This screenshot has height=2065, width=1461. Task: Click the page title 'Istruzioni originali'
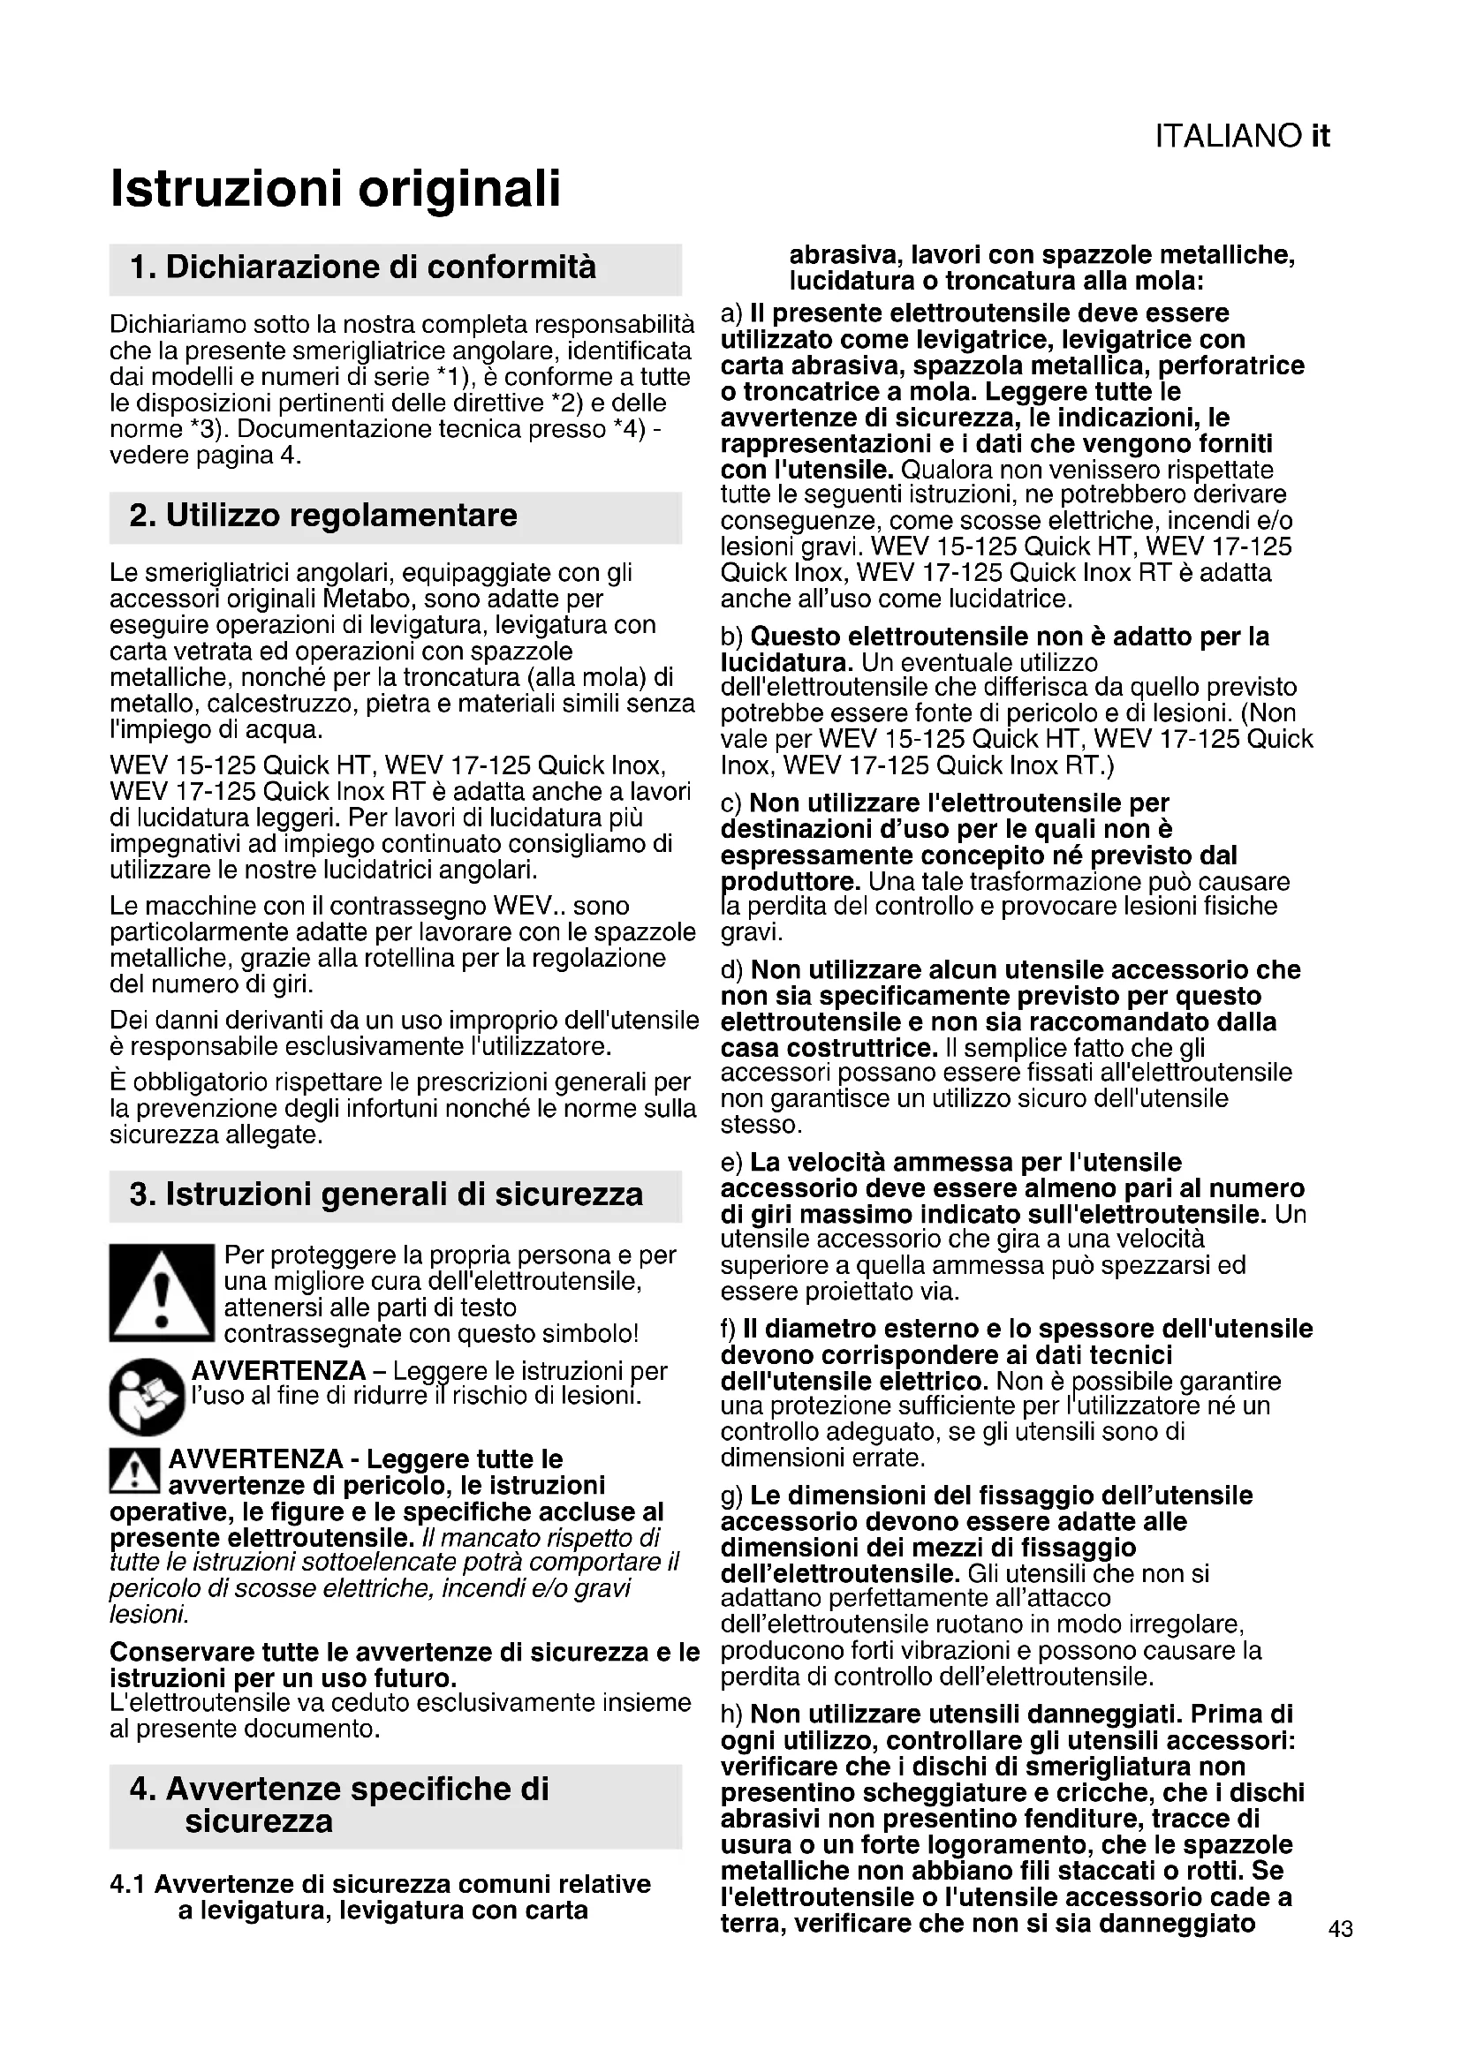tap(335, 189)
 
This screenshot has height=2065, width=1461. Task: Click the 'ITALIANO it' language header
tap(1241, 137)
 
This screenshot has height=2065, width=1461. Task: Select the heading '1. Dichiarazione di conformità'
tap(362, 268)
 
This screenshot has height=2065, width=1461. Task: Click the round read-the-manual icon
tap(146, 1397)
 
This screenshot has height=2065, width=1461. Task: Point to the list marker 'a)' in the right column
tap(732, 314)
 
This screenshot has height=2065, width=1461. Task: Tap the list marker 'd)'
tap(732, 970)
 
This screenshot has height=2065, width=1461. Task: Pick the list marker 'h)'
tap(732, 1715)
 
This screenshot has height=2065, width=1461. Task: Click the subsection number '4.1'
tap(128, 1884)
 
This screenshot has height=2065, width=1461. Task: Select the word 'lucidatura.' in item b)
tap(786, 663)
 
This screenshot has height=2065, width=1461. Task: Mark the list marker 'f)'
tap(729, 1330)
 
